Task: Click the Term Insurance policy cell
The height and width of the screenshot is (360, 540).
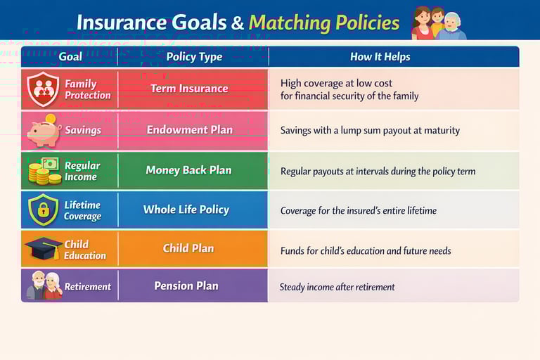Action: pyautogui.click(x=189, y=89)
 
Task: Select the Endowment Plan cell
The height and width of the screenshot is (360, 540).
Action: pyautogui.click(x=189, y=130)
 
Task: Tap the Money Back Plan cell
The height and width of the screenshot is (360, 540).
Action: pyautogui.click(x=188, y=170)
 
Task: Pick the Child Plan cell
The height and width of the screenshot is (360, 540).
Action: pyautogui.click(x=188, y=248)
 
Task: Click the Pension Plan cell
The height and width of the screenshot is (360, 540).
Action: pyautogui.click(x=186, y=286)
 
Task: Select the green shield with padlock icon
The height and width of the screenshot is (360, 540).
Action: pyautogui.click(x=43, y=210)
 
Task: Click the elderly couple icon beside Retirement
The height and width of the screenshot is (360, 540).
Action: pyautogui.click(x=44, y=285)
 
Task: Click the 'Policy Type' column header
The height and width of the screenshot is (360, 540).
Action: pyautogui.click(x=194, y=57)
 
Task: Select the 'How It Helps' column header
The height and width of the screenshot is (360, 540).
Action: pyautogui.click(x=380, y=57)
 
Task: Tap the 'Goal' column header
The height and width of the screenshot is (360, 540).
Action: pyautogui.click(x=70, y=57)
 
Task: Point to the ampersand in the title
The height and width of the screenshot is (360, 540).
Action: pyautogui.click(x=238, y=23)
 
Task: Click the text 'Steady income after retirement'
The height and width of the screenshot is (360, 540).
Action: pyautogui.click(x=337, y=287)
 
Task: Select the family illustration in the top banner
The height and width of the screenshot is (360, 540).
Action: pyautogui.click(x=437, y=22)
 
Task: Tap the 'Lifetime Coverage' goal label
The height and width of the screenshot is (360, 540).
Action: pyautogui.click(x=82, y=210)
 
